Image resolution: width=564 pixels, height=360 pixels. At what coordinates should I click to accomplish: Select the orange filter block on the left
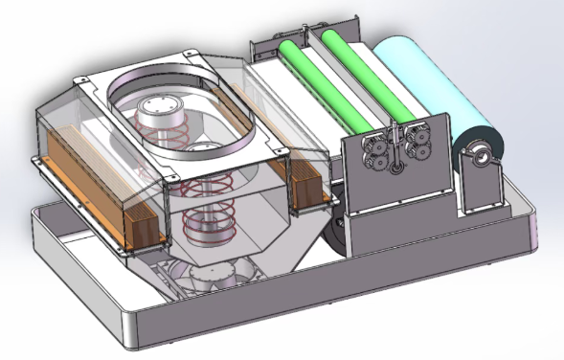[x=96, y=191]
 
